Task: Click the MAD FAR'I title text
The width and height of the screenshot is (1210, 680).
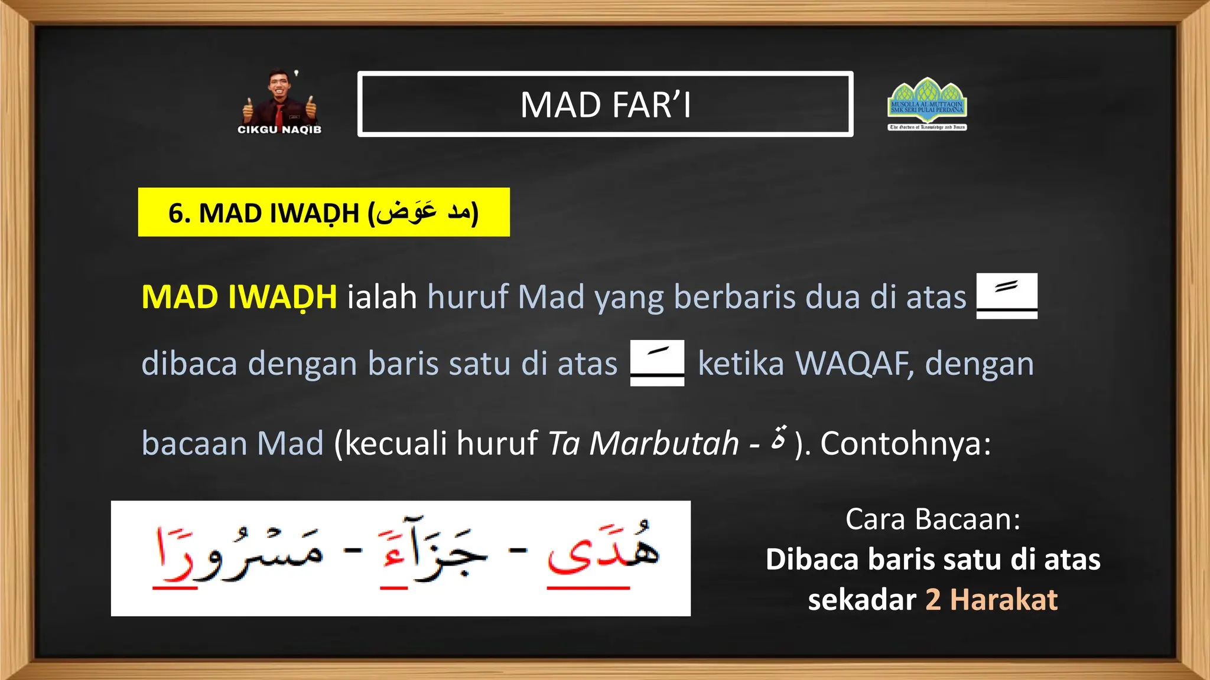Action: tap(605, 105)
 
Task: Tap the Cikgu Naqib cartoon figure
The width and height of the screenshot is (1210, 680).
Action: tap(279, 97)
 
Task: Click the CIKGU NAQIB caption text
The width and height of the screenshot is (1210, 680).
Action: tap(279, 130)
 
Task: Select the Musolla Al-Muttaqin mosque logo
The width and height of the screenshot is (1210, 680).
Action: tap(927, 103)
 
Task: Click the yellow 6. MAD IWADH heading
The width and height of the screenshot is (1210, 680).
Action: tap(324, 212)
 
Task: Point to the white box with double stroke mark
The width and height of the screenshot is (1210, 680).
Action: tap(1007, 295)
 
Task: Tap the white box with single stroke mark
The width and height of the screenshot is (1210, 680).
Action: tap(657, 362)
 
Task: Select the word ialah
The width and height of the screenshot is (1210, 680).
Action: tap(382, 297)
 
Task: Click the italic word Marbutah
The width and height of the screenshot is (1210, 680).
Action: tap(664, 443)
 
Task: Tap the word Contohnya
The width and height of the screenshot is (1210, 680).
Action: tap(905, 443)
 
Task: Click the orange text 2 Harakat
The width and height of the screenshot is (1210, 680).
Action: tap(991, 600)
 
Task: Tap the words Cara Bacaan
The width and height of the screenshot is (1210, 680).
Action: tap(933, 519)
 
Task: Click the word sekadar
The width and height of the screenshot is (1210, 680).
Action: tap(861, 600)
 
